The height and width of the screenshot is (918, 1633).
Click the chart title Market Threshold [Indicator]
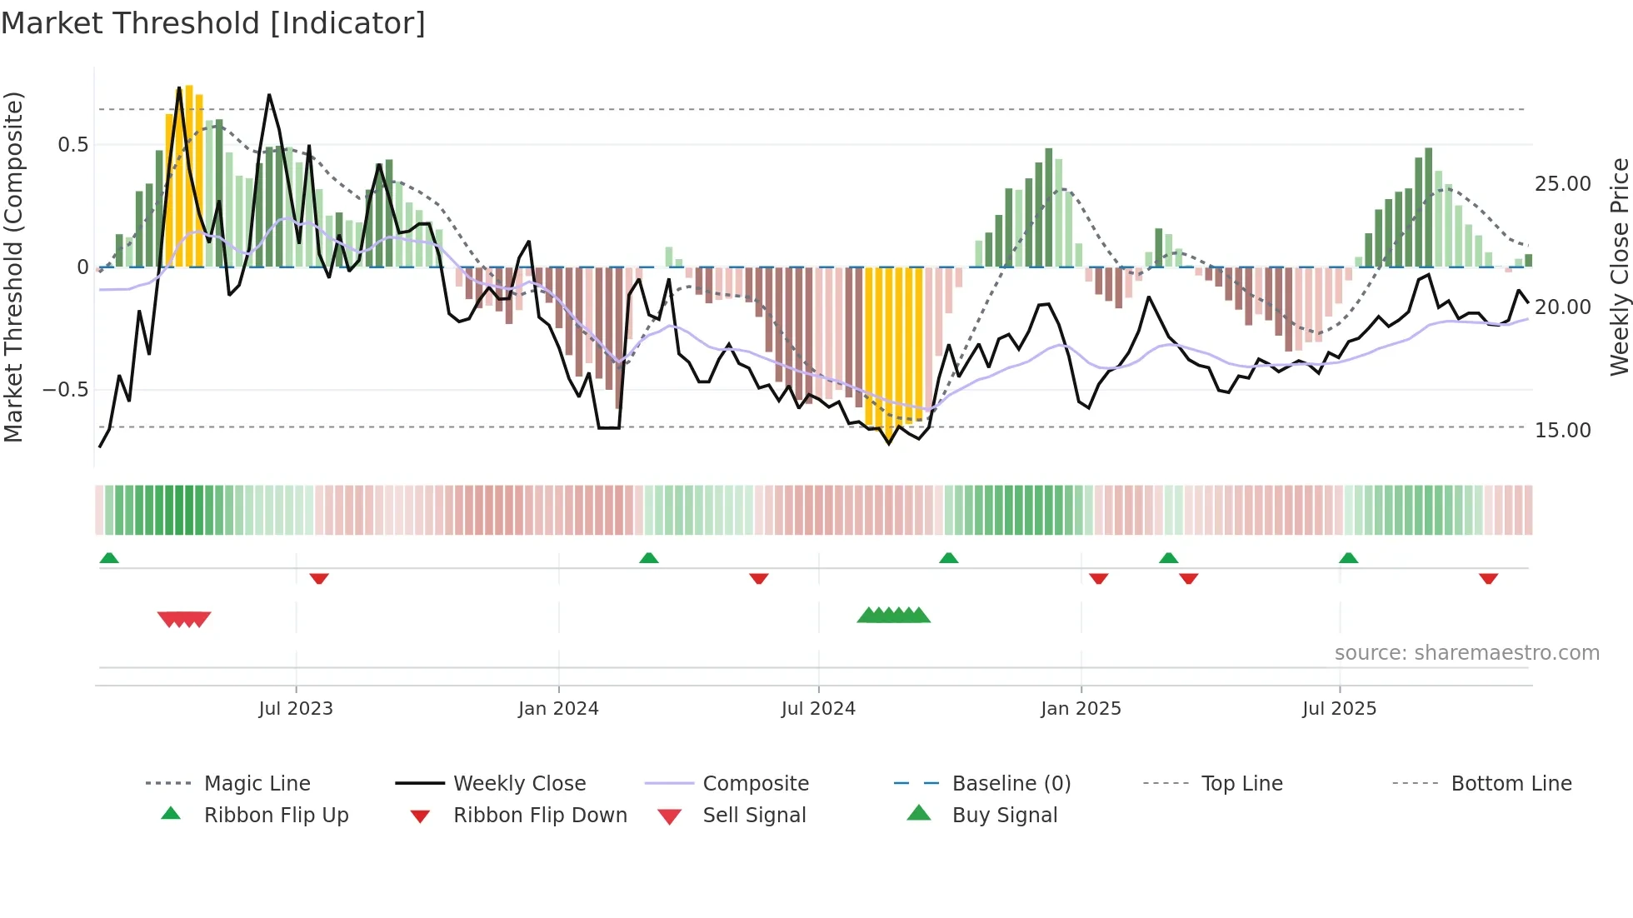[213, 23]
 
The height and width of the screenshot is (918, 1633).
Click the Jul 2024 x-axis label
[818, 709]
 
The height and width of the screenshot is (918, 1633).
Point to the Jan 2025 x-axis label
[1081, 709]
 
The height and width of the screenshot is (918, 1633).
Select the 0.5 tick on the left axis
[72, 145]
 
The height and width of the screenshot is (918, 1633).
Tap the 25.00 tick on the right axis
[1562, 184]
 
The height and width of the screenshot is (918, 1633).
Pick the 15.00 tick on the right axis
[1562, 431]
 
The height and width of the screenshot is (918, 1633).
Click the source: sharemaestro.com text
[1466, 653]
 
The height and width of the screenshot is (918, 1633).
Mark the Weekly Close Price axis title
[1618, 267]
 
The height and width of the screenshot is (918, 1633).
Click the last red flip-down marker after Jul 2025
[1488, 578]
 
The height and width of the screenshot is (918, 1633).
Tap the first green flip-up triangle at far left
[109, 558]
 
